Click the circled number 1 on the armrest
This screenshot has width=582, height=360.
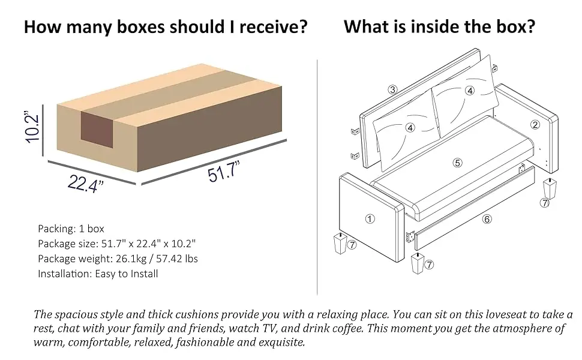tap(370, 219)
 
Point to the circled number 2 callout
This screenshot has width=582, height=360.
tap(535, 125)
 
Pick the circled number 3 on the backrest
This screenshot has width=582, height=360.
tap(392, 90)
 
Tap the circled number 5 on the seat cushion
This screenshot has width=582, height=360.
tap(457, 162)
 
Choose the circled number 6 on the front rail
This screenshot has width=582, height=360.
tap(487, 219)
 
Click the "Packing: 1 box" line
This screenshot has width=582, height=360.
tap(71, 229)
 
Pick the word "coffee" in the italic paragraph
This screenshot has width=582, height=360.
tap(347, 329)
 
